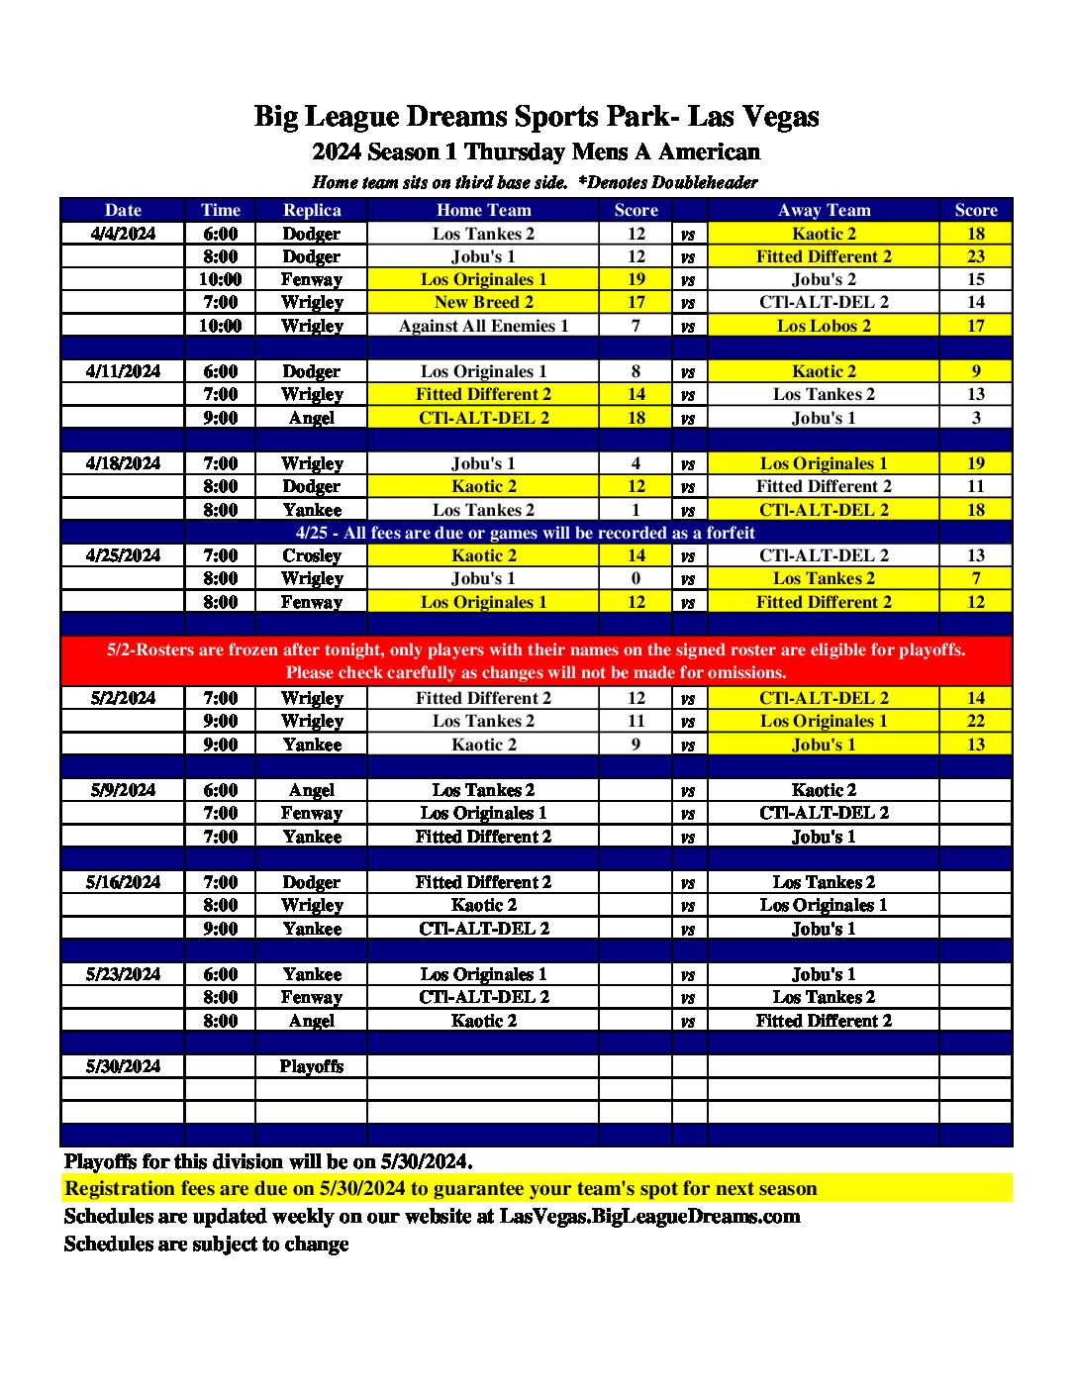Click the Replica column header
pos(312,210)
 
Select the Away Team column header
pos(824,210)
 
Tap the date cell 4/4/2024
pos(123,234)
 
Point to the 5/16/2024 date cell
pos(123,882)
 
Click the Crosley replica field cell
pos(312,555)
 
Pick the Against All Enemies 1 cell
pos(483,326)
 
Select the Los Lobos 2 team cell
pos(824,326)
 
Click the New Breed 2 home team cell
pos(483,302)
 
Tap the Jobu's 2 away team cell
pos(824,279)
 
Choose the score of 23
pos(976,256)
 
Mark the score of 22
pos(976,721)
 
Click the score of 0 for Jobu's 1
pos(636,578)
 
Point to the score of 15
pos(976,279)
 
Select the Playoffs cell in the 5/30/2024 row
pos(312,1066)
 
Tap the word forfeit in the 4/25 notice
pos(731,533)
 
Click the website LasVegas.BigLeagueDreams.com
pos(649,1216)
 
